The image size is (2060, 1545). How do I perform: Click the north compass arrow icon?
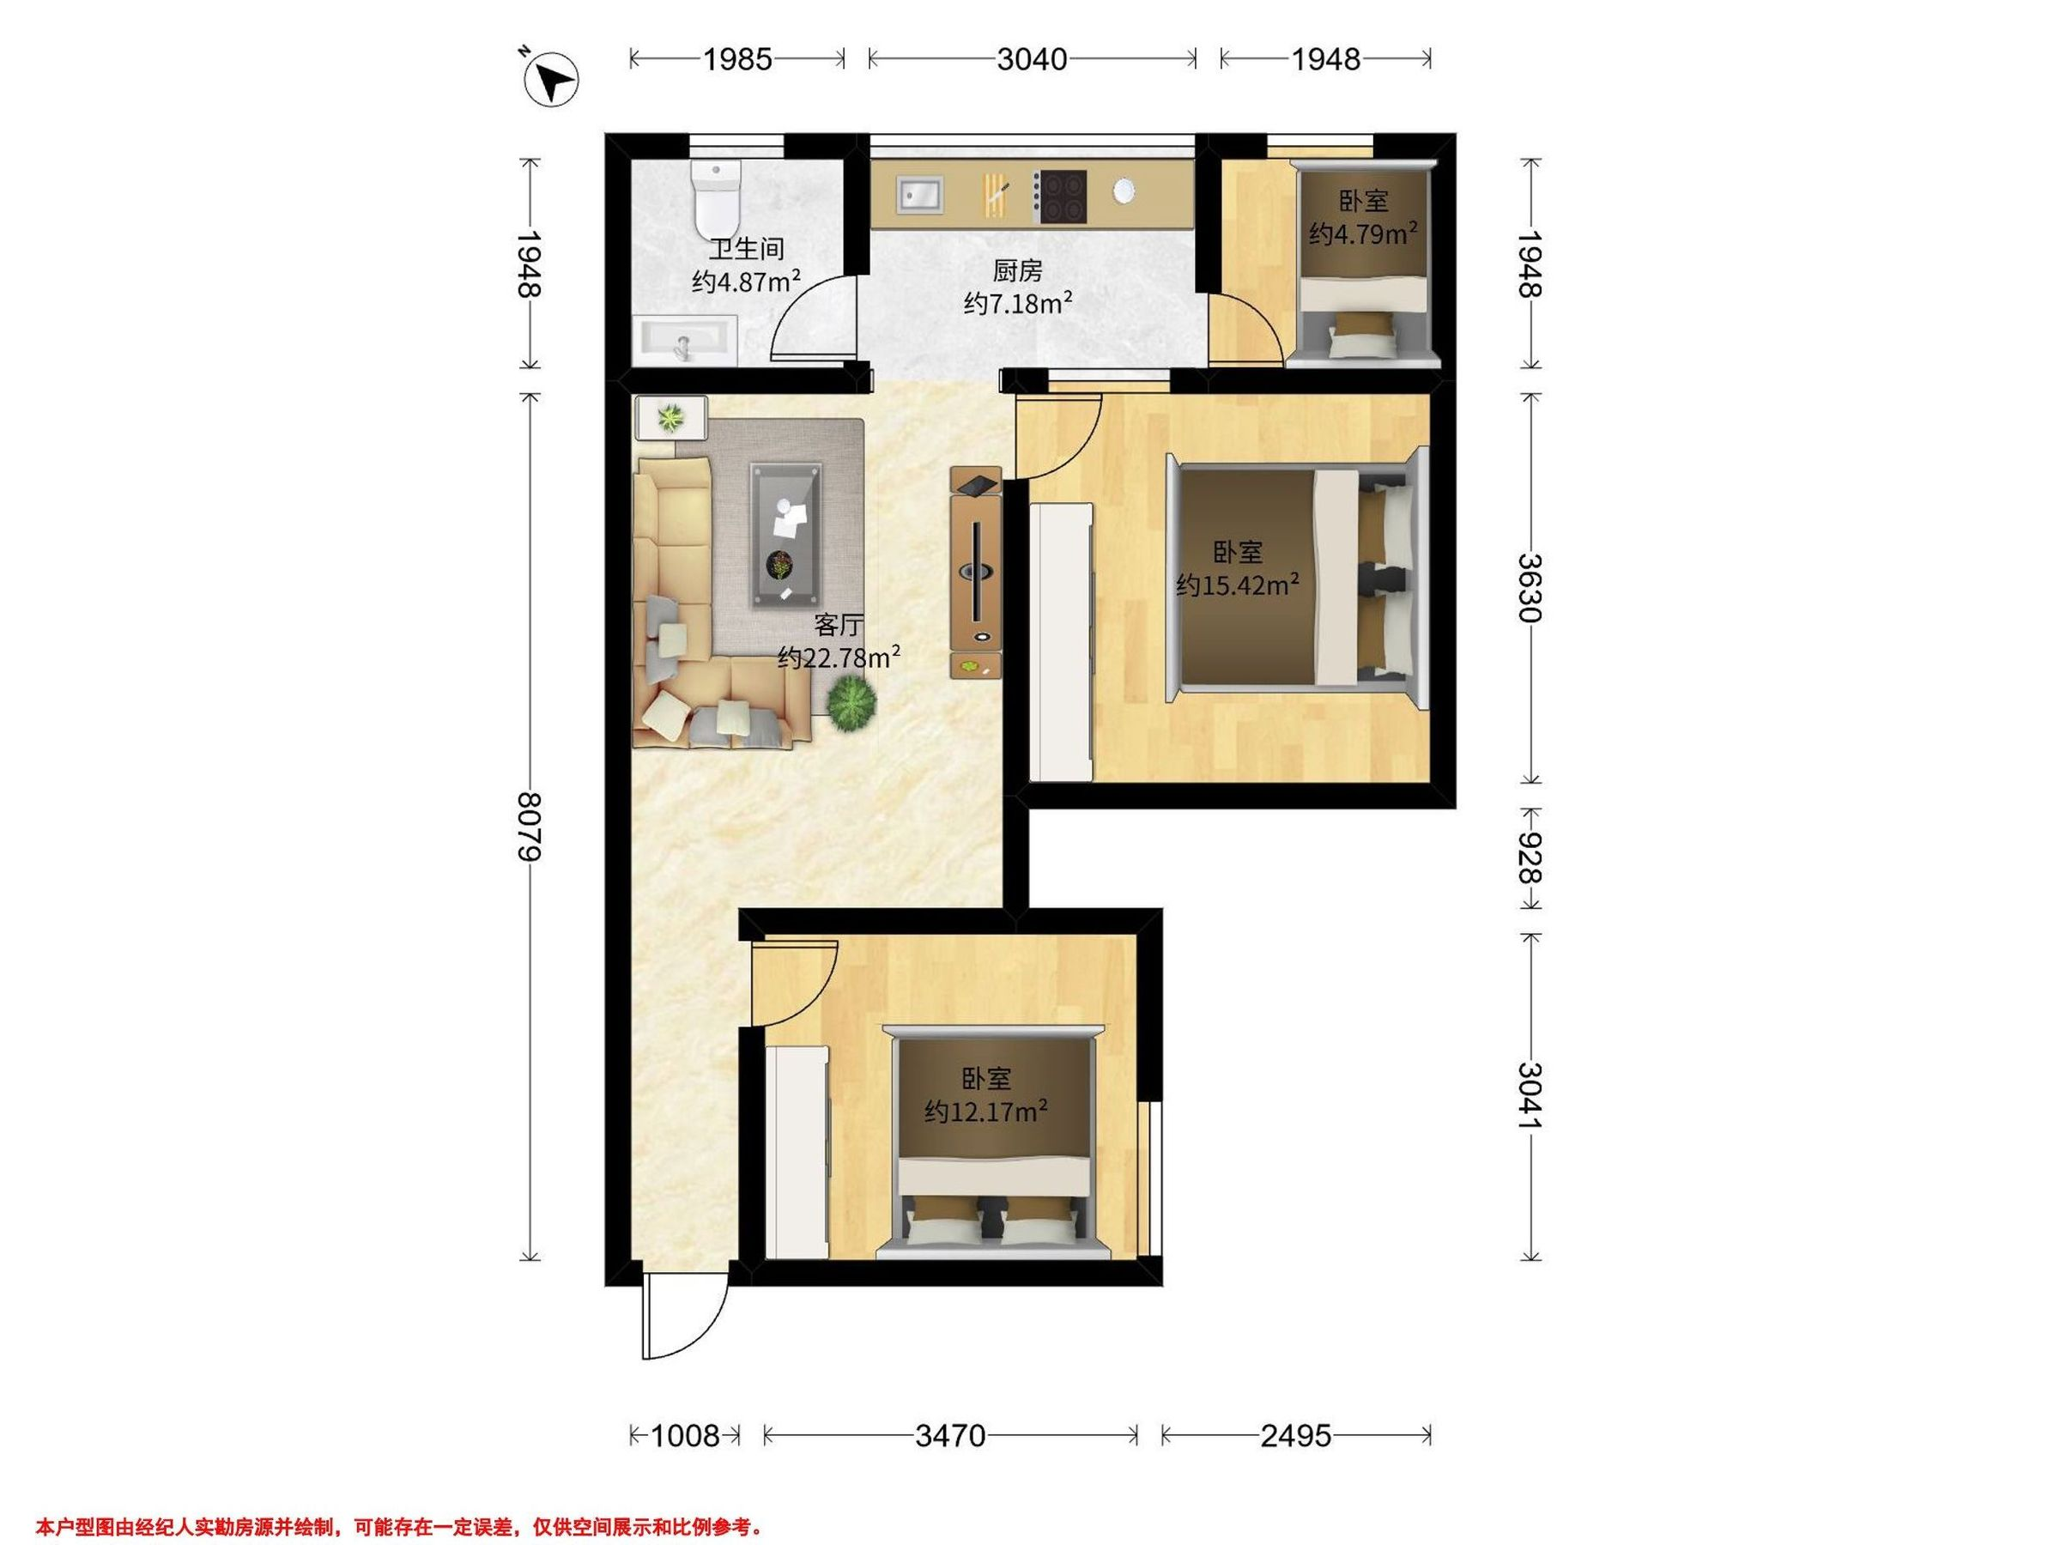[551, 78]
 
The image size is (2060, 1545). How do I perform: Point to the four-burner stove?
[1061, 197]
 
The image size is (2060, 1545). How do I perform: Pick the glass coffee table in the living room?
[787, 536]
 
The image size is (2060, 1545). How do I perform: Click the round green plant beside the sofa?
[851, 703]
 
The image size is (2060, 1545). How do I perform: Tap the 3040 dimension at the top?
[1032, 59]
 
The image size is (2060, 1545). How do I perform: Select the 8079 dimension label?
[529, 826]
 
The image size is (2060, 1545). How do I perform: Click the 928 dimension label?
[1530, 857]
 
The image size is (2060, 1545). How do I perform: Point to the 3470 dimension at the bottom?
[950, 1435]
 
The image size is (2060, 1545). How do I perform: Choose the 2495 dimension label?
[1296, 1435]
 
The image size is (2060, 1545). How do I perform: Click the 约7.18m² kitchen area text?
[1018, 303]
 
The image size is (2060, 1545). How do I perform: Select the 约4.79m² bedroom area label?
[1363, 233]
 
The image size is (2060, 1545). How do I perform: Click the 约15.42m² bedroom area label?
[1238, 585]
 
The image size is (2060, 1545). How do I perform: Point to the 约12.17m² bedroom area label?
[986, 1111]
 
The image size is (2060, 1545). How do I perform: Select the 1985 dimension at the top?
[737, 59]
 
